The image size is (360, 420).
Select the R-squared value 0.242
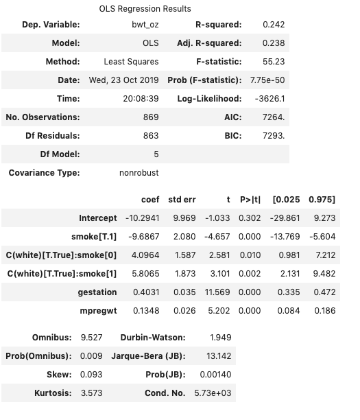click(x=274, y=25)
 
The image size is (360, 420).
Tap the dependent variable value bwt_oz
click(x=145, y=25)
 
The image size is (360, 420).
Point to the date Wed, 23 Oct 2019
click(x=123, y=80)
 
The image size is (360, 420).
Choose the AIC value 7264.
click(x=274, y=117)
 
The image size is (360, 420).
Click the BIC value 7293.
click(x=274, y=136)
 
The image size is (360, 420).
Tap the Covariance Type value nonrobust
click(x=139, y=173)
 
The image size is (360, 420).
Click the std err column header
click(x=182, y=200)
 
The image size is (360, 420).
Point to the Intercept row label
click(x=98, y=218)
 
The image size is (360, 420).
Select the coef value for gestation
click(x=145, y=292)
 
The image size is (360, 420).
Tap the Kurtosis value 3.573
click(x=91, y=393)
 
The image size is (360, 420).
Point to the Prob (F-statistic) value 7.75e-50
click(x=267, y=80)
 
